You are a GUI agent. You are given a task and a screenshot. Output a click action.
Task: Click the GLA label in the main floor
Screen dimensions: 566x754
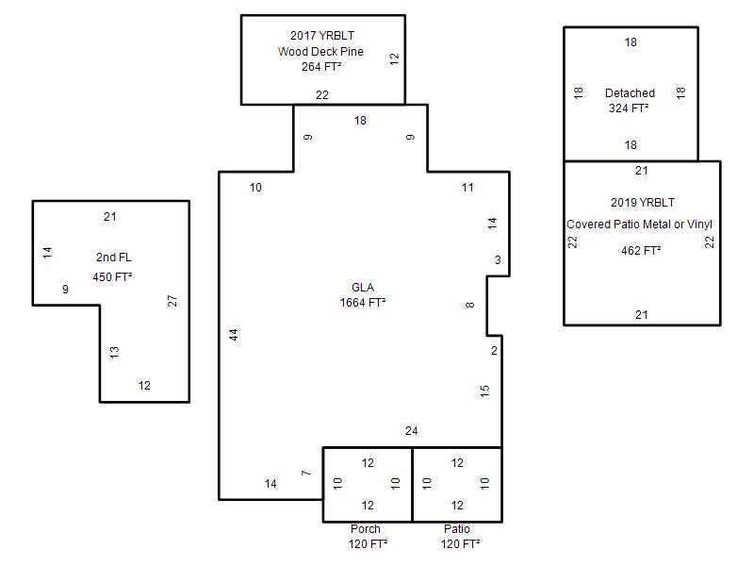(x=363, y=288)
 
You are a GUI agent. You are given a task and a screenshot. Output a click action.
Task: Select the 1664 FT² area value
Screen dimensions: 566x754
(x=363, y=303)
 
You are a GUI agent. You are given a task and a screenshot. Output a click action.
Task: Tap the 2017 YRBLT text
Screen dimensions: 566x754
(x=321, y=37)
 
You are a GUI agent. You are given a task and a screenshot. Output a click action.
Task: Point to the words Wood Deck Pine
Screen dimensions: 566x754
(x=320, y=52)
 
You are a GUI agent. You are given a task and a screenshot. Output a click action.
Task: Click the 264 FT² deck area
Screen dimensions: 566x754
(x=320, y=67)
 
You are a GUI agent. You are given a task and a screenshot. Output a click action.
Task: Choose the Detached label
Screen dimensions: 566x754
(x=630, y=93)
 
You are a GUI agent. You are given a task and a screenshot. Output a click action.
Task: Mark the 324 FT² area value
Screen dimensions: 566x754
(x=630, y=108)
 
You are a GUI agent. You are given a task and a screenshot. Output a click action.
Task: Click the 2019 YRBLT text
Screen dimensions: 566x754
(x=643, y=203)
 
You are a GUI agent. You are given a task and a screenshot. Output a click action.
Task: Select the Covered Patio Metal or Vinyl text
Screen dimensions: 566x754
(x=640, y=225)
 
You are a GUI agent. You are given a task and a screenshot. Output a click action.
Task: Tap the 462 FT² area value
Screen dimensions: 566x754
(x=641, y=251)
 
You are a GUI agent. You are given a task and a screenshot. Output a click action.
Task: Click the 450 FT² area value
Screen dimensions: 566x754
(x=112, y=277)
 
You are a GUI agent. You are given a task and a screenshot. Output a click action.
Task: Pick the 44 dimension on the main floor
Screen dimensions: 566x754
(x=233, y=335)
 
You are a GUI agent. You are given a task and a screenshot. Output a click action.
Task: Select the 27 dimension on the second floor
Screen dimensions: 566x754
(x=172, y=301)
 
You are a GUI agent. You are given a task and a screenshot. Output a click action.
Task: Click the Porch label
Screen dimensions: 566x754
(x=366, y=529)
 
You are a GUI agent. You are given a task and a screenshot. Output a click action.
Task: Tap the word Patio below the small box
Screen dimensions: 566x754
(x=457, y=529)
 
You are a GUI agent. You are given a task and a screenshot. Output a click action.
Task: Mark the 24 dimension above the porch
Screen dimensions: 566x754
(x=412, y=432)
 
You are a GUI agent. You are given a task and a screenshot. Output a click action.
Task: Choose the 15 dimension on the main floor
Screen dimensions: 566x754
(x=484, y=391)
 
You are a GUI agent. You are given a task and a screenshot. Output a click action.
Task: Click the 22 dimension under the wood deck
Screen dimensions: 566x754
(x=322, y=95)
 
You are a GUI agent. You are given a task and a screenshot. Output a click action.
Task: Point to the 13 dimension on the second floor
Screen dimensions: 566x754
(x=114, y=352)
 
